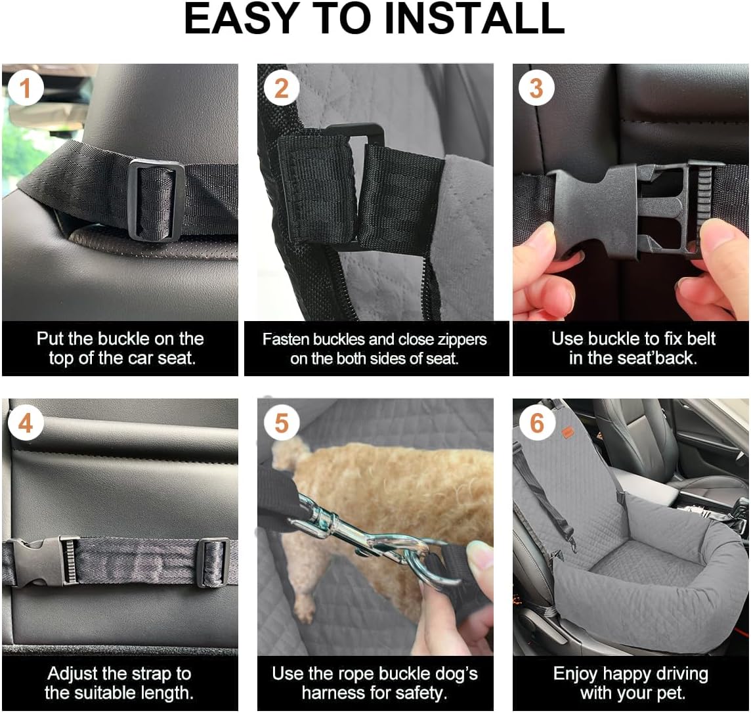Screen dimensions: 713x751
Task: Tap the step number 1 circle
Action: (25, 88)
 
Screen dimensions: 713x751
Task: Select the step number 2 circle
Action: (281, 88)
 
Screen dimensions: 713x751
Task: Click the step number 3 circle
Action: (536, 88)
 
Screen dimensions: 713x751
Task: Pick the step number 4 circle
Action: (25, 423)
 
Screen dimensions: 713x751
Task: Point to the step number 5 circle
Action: (281, 423)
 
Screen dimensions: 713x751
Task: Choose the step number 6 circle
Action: (536, 423)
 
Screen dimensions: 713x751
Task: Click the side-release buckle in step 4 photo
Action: (43, 561)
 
